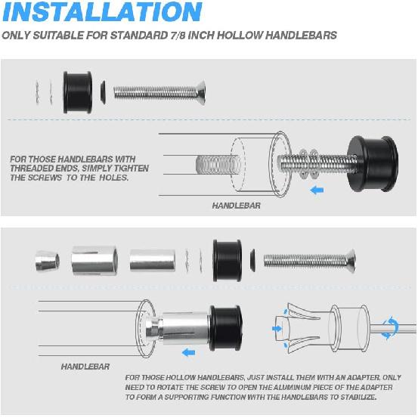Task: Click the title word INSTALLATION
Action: (x=102, y=12)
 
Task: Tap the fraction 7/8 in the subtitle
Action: (x=178, y=36)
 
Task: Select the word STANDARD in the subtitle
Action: (x=139, y=36)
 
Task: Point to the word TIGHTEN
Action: (x=132, y=169)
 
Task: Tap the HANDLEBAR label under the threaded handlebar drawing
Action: (x=237, y=206)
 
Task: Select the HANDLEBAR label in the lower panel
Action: (x=85, y=367)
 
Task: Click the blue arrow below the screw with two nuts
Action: (x=317, y=190)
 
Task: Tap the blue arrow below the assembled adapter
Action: (x=188, y=353)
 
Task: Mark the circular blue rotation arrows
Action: (x=389, y=328)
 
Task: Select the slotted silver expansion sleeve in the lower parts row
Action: (x=94, y=261)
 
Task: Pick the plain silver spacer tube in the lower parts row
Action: (x=153, y=261)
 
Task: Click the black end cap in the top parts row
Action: (x=78, y=92)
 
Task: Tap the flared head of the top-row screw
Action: (x=202, y=92)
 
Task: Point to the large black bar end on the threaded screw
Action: (x=373, y=163)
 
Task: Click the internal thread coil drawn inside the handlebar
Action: (x=218, y=164)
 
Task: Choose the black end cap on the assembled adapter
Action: (x=226, y=328)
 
